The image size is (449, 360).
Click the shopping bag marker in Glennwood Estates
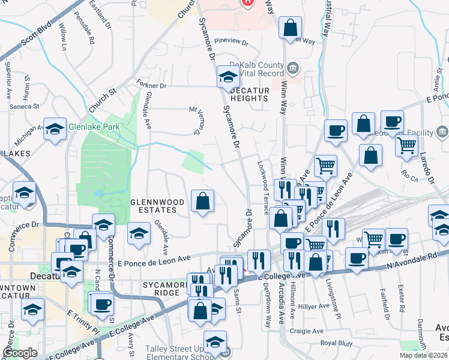[203, 202]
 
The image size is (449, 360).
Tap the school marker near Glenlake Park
[55, 129]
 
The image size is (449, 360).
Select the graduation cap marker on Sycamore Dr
[228, 76]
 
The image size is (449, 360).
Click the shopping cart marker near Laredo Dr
[407, 144]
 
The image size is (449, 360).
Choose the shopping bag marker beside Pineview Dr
[290, 28]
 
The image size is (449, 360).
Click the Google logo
[20, 353]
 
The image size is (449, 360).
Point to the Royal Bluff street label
[336, 343]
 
